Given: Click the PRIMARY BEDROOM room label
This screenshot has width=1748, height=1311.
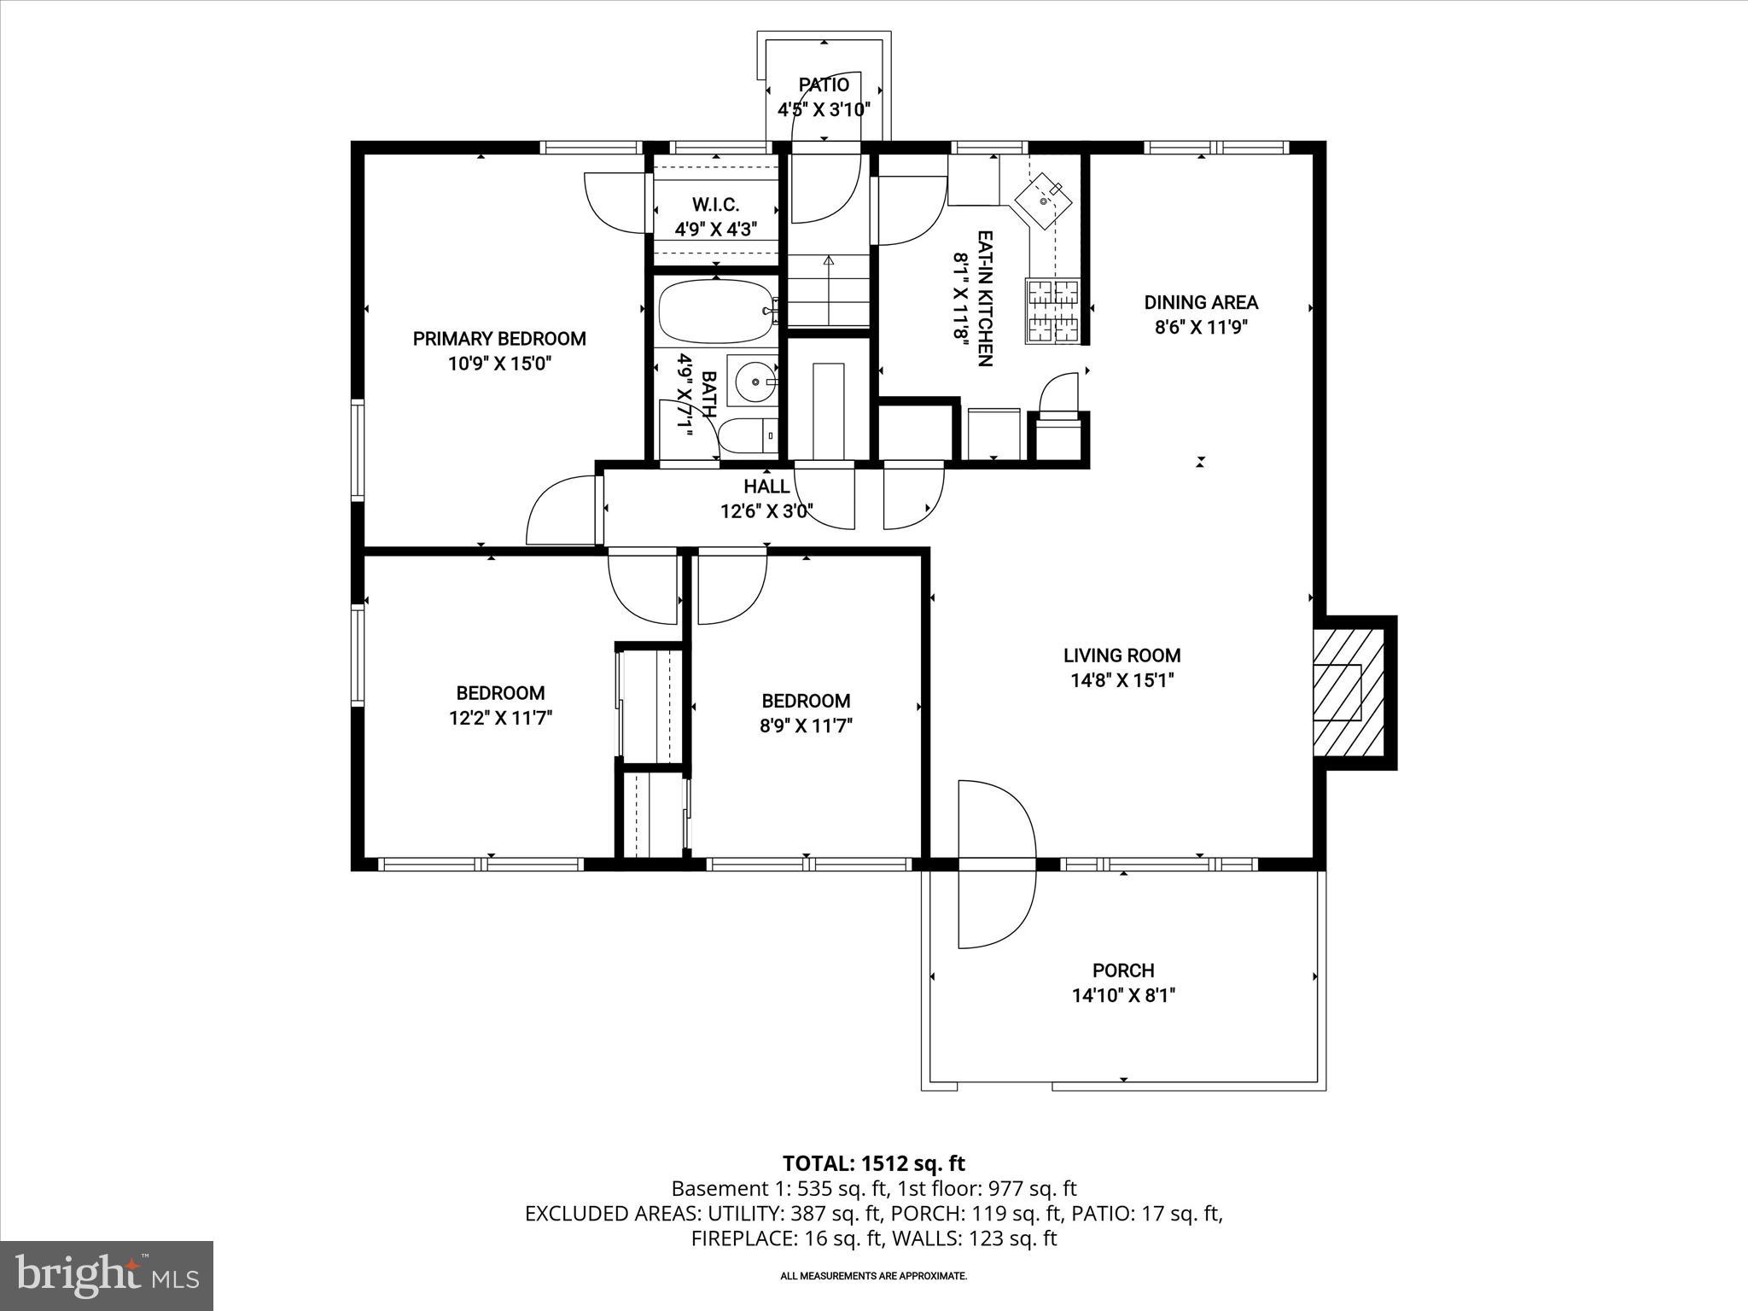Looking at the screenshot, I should (499, 339).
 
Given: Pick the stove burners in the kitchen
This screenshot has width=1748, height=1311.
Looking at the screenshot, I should (1052, 311).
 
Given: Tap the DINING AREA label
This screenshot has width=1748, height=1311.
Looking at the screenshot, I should (1200, 302).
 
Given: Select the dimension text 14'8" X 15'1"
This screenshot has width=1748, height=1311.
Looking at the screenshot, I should (1122, 680).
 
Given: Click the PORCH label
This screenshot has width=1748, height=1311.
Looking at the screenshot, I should (1122, 970).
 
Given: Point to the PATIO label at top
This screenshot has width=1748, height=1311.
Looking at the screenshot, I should (824, 84).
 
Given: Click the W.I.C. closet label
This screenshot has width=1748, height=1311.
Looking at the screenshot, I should (715, 205).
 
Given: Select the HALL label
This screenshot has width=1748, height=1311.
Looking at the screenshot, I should (766, 487).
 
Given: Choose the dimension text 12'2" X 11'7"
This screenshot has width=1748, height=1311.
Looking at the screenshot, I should (500, 718).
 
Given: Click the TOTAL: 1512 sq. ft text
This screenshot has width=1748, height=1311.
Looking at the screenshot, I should (873, 1163).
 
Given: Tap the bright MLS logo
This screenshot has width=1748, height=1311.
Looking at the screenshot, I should (107, 1275).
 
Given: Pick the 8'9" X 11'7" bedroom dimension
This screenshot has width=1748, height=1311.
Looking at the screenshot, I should (806, 725).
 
